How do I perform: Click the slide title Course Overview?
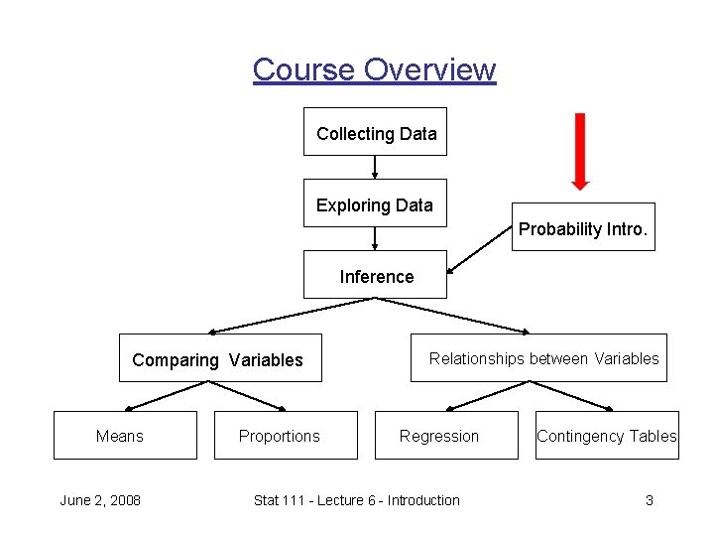coord(374,69)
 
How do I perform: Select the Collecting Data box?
coord(375,132)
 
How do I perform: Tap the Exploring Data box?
coord(375,204)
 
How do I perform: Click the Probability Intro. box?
coord(583,228)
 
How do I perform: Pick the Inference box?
coord(375,276)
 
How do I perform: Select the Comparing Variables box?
coord(217,359)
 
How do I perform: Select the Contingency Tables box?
coord(607,436)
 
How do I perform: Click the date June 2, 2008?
coord(100,500)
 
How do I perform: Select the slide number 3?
coord(649,500)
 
